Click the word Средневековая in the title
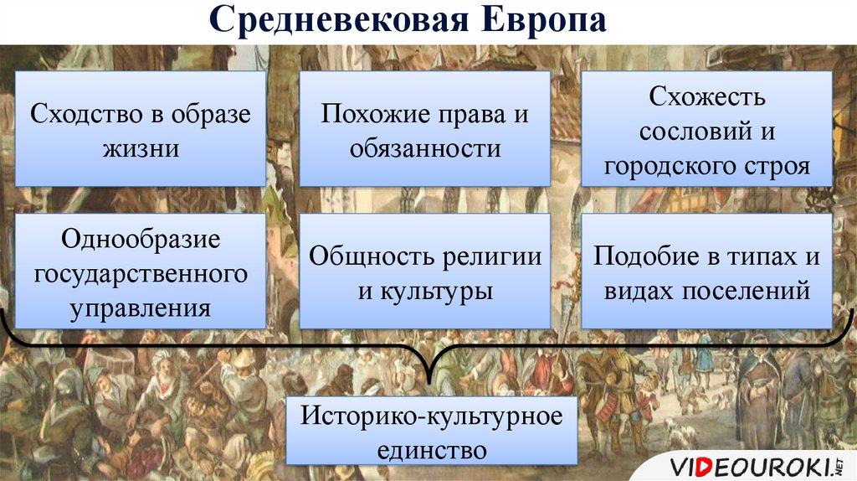(339, 20)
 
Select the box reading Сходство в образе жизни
(141, 128)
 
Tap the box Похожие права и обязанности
(424, 128)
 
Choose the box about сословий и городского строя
(706, 128)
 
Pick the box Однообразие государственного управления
(141, 272)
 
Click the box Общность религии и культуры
(424, 272)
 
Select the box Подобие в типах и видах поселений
(706, 272)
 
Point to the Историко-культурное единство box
(432, 431)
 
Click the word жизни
(141, 148)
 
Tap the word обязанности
(425, 148)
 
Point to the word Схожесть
(706, 96)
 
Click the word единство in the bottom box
(432, 450)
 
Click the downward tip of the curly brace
(429, 382)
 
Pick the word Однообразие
(141, 239)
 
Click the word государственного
(141, 274)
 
